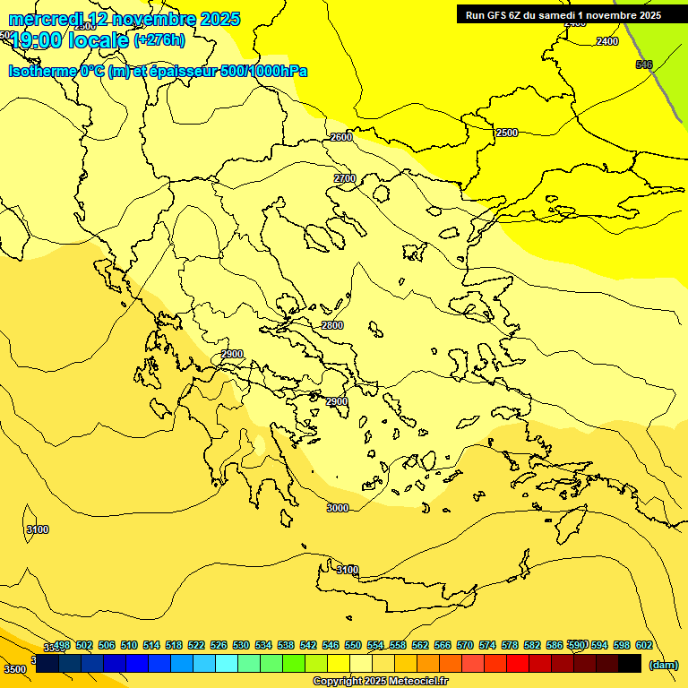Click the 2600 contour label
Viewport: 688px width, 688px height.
point(341,137)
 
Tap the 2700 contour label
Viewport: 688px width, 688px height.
point(345,178)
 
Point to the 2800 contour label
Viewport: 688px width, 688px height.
point(332,325)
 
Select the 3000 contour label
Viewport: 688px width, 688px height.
point(337,508)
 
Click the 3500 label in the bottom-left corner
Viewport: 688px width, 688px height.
point(15,668)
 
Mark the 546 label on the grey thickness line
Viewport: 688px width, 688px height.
point(644,64)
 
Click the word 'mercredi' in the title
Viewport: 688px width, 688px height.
point(47,18)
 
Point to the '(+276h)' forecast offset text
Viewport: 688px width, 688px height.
point(159,39)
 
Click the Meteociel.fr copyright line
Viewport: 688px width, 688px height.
point(380,681)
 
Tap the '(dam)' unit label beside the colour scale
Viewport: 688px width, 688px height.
point(663,664)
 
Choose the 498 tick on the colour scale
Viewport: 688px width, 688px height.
point(62,645)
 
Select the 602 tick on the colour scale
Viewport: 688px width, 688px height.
point(643,645)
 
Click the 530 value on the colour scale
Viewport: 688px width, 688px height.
point(241,645)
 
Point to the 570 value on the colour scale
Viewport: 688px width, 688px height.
point(465,645)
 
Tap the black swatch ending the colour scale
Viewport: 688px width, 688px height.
point(630,663)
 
